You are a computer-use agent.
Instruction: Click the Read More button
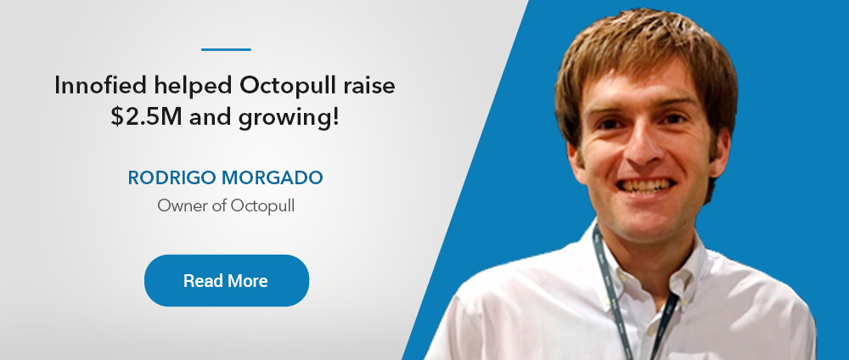[x=227, y=280]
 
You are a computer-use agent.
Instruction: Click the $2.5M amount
[x=146, y=117]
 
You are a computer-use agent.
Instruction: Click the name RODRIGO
[x=169, y=177]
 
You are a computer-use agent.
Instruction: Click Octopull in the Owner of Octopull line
[x=262, y=206]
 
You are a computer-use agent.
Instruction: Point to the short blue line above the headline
[x=226, y=49]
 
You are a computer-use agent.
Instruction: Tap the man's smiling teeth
[x=646, y=186]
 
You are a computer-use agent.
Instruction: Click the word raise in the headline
[x=374, y=87]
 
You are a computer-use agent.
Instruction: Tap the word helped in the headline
[x=193, y=87]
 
